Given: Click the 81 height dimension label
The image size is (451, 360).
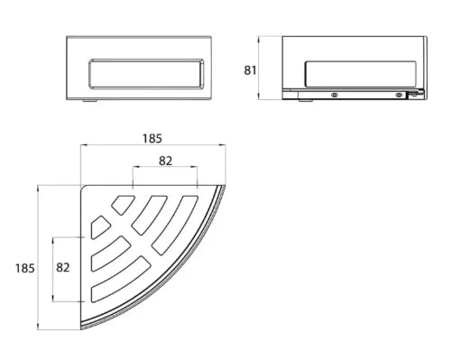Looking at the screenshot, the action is tap(250, 70).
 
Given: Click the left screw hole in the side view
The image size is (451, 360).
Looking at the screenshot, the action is tap(334, 95).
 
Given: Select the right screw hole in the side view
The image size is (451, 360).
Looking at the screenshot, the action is tap(399, 95).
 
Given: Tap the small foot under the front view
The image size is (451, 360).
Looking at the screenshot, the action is tap(89, 101).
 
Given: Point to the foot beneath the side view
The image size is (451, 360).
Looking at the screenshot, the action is tap(305, 101).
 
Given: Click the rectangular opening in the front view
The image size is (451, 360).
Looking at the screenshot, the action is tap(146, 74).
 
